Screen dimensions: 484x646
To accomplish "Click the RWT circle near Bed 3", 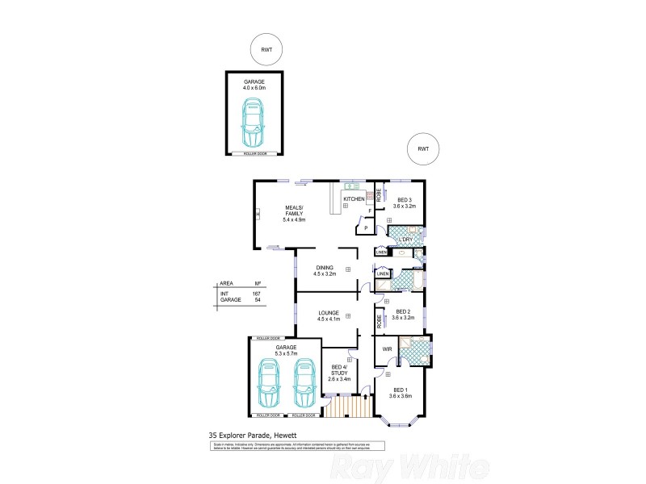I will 423,148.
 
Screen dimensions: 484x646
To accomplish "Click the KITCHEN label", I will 354,198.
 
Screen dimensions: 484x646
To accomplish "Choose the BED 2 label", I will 402,315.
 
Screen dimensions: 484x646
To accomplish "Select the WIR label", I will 387,349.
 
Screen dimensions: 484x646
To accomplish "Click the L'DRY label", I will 404,239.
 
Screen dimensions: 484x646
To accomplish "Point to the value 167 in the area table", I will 257,294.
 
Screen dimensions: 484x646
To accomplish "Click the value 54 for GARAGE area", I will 257,300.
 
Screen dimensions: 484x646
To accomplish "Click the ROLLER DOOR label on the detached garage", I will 254,153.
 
